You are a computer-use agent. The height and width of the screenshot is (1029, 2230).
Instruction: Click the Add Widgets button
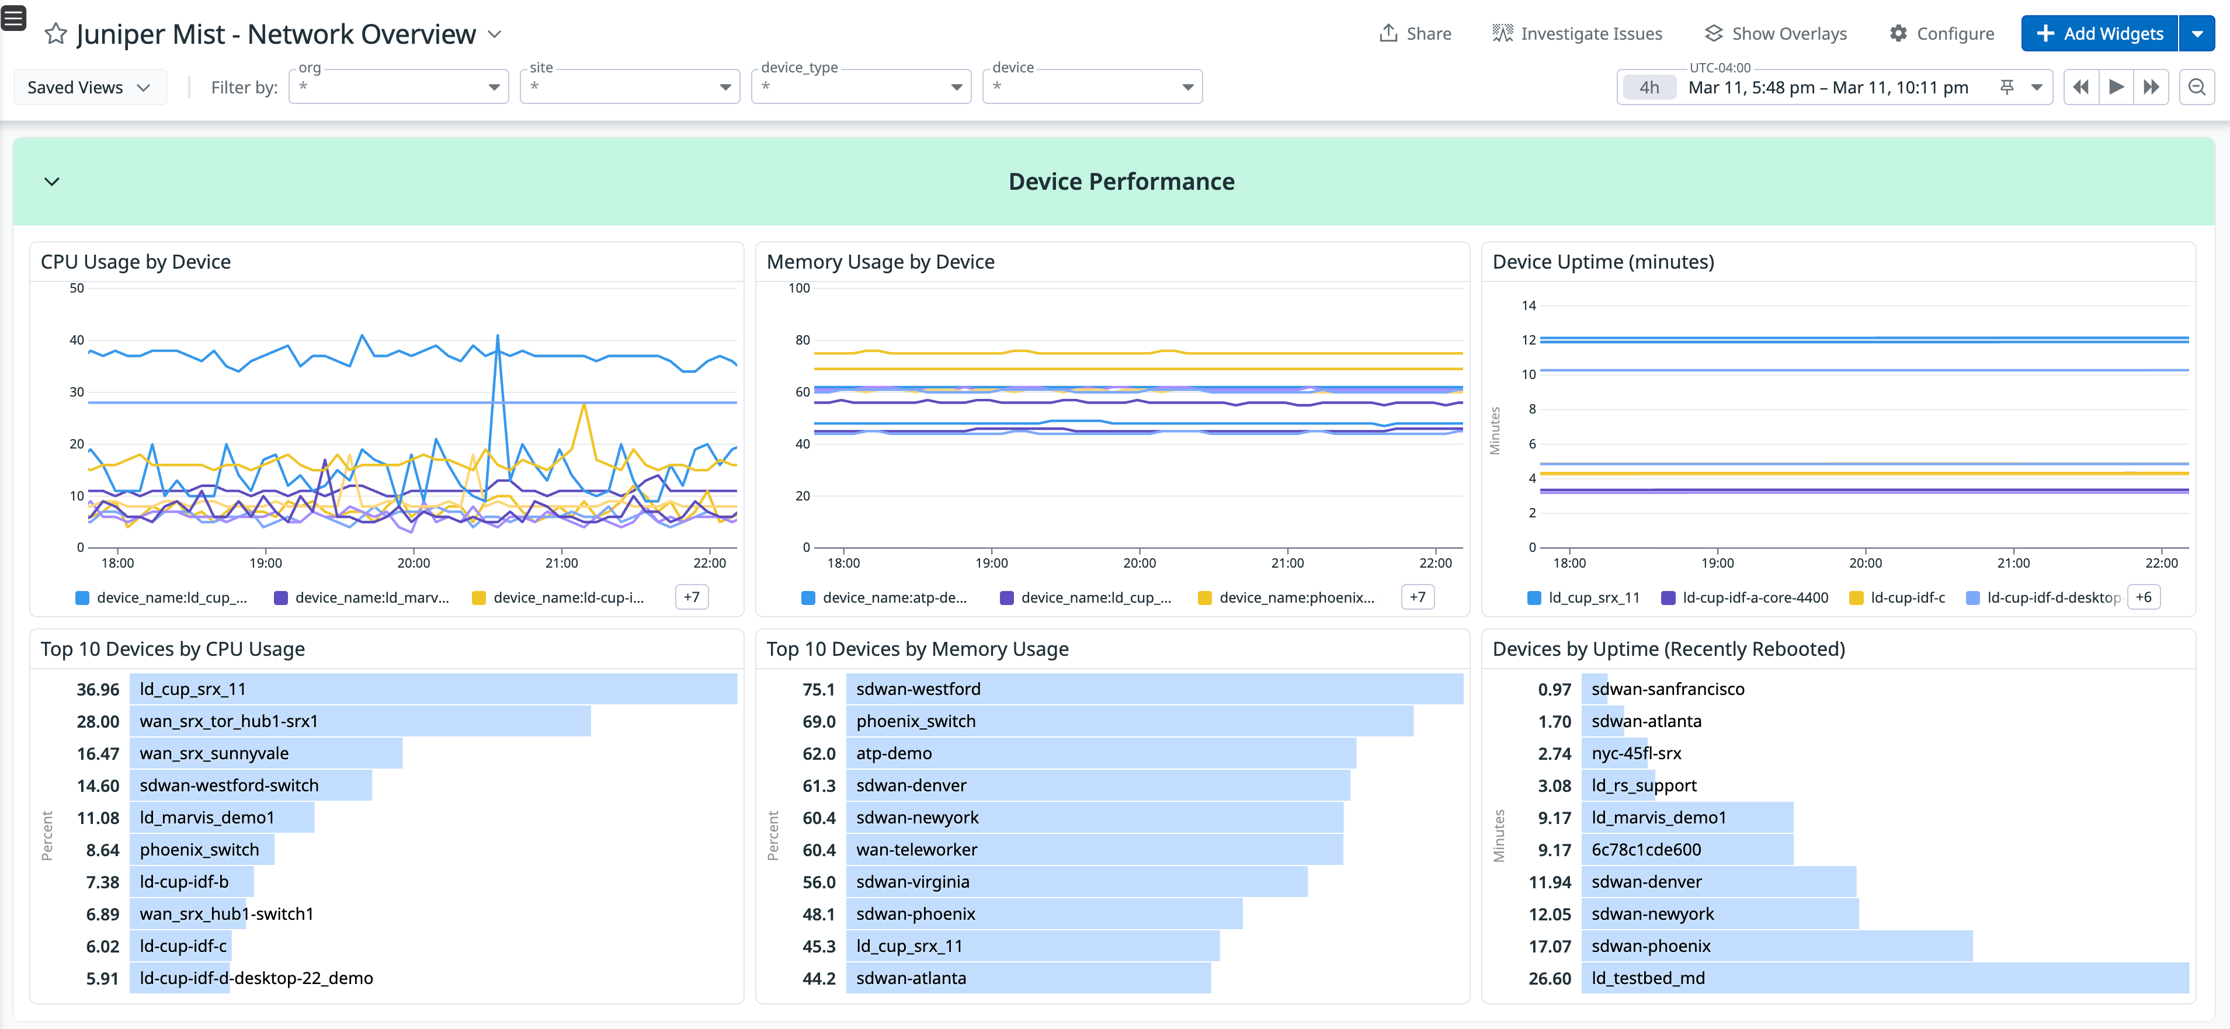coord(2099,34)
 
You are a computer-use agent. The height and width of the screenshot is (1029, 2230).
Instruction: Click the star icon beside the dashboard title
coord(55,34)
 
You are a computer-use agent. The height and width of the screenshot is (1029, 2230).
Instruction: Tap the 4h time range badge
coord(1648,88)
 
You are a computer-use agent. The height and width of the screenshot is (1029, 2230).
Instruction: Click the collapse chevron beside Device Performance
coord(52,182)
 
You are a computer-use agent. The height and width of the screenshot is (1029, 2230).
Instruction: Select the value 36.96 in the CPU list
coord(98,689)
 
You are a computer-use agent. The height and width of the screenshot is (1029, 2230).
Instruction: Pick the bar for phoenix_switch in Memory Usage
coord(1129,721)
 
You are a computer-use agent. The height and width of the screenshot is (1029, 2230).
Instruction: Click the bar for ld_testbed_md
coord(1885,978)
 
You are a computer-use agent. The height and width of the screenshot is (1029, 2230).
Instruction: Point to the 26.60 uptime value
coord(1550,978)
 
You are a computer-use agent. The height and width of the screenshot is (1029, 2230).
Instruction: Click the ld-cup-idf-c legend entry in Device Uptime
coord(1906,598)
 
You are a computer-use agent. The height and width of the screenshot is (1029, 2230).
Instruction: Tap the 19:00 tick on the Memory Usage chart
coord(991,562)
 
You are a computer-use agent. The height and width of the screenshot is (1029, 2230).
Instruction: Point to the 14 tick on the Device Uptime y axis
coord(1529,305)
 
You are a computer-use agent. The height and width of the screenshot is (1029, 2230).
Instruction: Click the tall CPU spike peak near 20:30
coord(498,336)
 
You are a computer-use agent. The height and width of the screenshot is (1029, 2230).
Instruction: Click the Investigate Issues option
coord(1577,34)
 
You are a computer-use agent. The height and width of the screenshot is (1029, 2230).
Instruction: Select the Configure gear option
coord(1941,34)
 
